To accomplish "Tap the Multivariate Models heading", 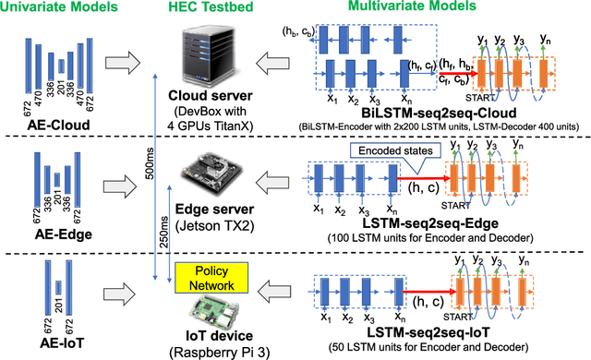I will click(x=433, y=10).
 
